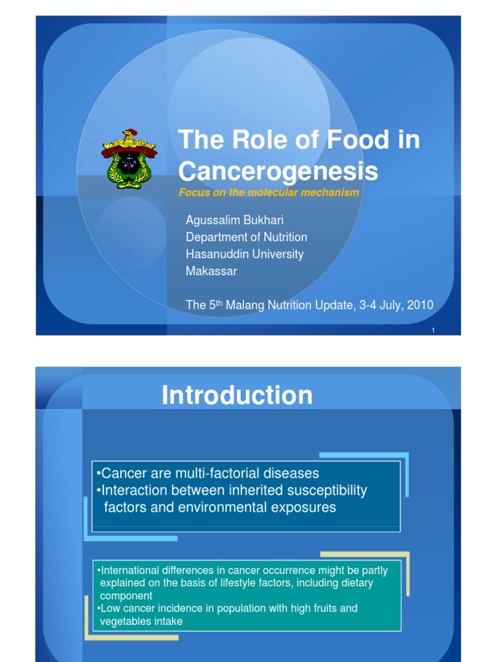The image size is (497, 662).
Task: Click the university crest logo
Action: coord(129,159)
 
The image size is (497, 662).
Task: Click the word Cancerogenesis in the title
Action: coord(278,171)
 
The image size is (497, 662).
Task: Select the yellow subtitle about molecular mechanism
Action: coord(268,193)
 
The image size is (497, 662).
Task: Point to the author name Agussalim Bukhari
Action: coord(234,220)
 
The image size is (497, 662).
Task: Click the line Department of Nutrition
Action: coord(246,237)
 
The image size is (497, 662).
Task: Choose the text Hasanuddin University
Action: coord(244,254)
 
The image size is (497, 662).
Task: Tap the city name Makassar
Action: coord(211,271)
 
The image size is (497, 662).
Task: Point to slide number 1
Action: coord(433,331)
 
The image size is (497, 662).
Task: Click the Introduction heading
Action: coord(237,395)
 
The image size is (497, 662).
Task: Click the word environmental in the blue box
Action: coord(212,507)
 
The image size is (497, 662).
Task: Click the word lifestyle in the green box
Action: coord(313,583)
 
